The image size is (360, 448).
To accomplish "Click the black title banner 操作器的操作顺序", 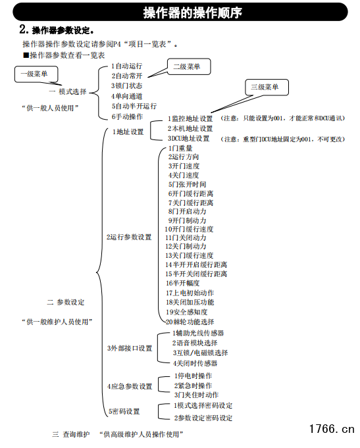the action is pos(180,12).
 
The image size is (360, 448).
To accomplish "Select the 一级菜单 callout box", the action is pos(36,74).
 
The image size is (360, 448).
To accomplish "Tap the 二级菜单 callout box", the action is pos(189,67).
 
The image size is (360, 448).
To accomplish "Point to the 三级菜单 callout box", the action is pos(267,87).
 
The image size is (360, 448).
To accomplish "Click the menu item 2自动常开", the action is pos(126,76).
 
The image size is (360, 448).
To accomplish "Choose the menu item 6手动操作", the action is pos(127,116).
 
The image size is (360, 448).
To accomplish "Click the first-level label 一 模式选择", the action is pos(68,91).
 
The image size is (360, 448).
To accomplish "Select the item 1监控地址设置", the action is pos(190,118).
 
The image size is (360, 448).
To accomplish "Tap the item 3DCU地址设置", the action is pos(188,139).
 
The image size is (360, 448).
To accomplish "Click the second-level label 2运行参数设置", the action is pos(129,237).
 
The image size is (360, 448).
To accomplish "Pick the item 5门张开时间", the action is pos(187,184).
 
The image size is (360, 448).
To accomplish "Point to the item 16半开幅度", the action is pos(182,283).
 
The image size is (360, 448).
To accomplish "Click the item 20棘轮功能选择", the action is pos(190,322).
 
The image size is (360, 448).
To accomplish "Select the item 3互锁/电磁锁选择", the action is pos(200,353).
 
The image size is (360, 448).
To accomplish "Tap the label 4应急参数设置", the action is pos(130,387).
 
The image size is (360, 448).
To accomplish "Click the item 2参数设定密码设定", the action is pos(203,418).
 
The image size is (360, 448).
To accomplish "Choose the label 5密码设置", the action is pos(124,412).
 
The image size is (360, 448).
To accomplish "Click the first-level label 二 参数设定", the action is pos(66,303).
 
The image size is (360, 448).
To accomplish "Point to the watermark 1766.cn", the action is pos(332,429).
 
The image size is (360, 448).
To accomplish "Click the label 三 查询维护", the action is pos(71,435).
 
